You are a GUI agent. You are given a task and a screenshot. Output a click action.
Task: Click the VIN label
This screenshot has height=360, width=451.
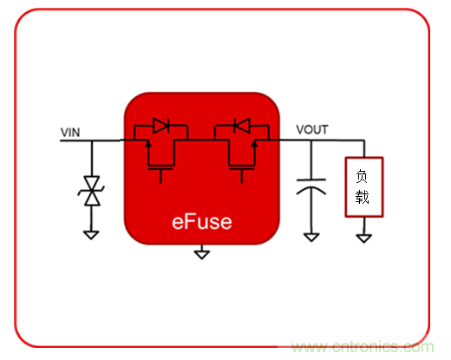(x=71, y=132)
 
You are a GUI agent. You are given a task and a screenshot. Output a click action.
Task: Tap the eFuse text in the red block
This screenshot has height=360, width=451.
(x=200, y=221)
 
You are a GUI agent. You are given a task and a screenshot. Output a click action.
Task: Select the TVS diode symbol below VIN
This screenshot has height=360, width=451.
(x=89, y=190)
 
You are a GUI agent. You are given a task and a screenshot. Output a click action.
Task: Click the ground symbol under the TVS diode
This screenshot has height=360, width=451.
(x=89, y=232)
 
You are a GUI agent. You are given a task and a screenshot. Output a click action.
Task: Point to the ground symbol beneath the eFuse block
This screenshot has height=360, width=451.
(x=201, y=253)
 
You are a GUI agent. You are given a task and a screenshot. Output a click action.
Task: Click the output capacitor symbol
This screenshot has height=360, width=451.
(x=310, y=187)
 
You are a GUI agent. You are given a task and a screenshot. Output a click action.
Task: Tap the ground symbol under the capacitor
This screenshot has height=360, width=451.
(x=310, y=235)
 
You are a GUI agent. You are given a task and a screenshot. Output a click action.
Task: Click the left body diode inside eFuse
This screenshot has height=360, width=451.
(x=160, y=127)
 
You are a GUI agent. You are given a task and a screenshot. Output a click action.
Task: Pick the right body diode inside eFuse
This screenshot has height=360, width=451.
(x=243, y=127)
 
